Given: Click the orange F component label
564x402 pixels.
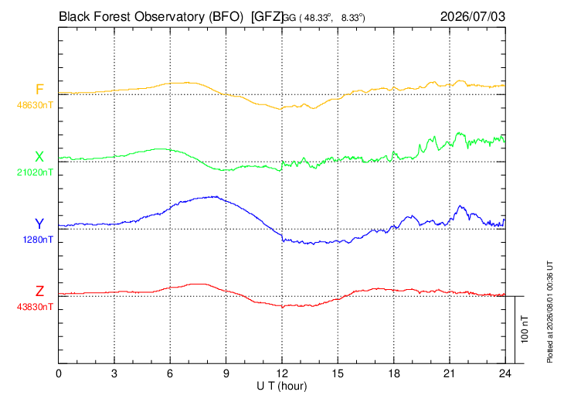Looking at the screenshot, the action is tap(39, 89).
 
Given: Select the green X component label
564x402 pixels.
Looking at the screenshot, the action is tap(39, 157).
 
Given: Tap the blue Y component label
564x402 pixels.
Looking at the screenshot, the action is tap(39, 224).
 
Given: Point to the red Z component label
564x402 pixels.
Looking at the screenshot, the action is tap(39, 291).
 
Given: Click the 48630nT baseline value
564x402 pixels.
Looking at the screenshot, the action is tap(35, 105).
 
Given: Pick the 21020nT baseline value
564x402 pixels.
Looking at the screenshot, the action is tap(35, 172).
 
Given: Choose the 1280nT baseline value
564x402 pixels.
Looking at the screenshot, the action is tap(38, 240).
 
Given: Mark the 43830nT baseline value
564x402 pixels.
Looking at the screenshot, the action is tap(35, 307).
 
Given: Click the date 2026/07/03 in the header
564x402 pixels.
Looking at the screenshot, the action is tap(473, 16).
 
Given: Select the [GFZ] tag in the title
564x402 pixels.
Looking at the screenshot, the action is tap(267, 17).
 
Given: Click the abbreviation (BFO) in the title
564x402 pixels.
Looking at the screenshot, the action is tap(226, 17).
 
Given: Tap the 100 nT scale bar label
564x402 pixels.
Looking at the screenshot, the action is tap(525, 329).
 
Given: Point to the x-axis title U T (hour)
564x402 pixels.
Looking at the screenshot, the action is tap(282, 387).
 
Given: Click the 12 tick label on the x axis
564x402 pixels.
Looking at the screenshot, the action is tap(282, 373).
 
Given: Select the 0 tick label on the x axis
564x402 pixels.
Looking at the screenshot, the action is tap(59, 373).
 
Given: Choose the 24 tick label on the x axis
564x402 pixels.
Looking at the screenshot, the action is tap(505, 373).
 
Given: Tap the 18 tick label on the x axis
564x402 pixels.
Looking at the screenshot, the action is tap(394, 373).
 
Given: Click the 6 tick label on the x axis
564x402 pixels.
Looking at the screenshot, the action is tap(170, 373).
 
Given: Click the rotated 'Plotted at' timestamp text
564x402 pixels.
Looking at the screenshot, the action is tap(549, 312).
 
